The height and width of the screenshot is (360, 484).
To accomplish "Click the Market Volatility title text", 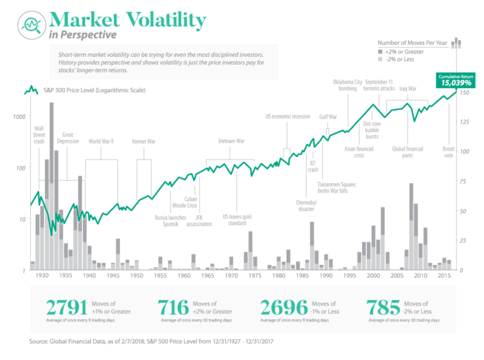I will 127,20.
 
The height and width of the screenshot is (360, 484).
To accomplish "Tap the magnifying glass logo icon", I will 31,24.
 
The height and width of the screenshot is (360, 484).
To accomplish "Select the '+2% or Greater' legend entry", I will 404,51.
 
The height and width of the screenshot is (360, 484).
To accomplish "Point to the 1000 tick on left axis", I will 21,116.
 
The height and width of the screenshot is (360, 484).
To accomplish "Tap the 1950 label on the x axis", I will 136,275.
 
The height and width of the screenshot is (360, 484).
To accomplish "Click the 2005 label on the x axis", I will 397,275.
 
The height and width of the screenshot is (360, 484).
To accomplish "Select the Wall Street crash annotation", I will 39,135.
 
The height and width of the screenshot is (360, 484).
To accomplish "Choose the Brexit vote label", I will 449,152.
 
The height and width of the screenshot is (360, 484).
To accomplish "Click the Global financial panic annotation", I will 407,152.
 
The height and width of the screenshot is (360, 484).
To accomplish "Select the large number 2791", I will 66,308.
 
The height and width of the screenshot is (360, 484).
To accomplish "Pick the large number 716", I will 174,308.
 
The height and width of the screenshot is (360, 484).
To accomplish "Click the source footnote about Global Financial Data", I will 158,340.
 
